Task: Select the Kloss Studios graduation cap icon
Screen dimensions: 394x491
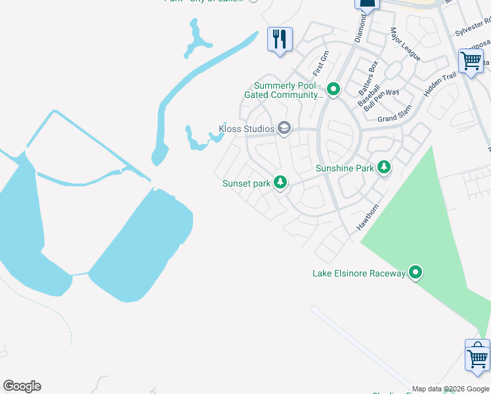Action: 284,128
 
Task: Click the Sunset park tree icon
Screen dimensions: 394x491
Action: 280,182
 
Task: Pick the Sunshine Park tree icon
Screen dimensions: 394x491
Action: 383,167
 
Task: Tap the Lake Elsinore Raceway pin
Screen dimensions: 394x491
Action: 415,272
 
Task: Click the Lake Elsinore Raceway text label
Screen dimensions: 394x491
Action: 358,273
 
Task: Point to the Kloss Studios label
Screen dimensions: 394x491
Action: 246,129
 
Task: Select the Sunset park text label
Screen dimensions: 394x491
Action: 246,183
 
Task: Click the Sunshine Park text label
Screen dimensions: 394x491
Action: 345,168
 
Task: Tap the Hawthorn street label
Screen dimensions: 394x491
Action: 368,217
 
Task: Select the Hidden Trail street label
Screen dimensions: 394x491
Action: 440,85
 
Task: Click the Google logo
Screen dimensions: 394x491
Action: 22,386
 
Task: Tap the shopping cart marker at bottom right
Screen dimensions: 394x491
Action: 477,357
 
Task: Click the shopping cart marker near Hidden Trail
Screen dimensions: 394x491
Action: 471,61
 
